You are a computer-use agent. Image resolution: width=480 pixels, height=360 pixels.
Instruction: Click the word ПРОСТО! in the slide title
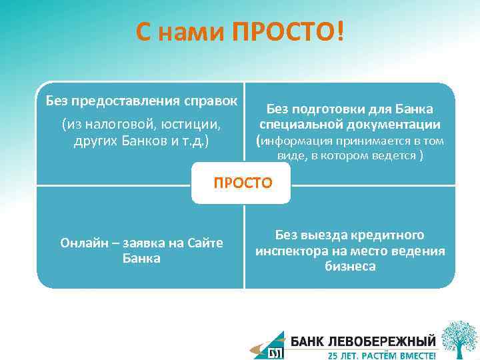[288, 31]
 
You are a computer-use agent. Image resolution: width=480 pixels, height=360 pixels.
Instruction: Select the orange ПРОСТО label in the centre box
[243, 183]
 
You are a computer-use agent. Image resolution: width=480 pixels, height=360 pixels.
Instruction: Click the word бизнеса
[351, 267]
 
